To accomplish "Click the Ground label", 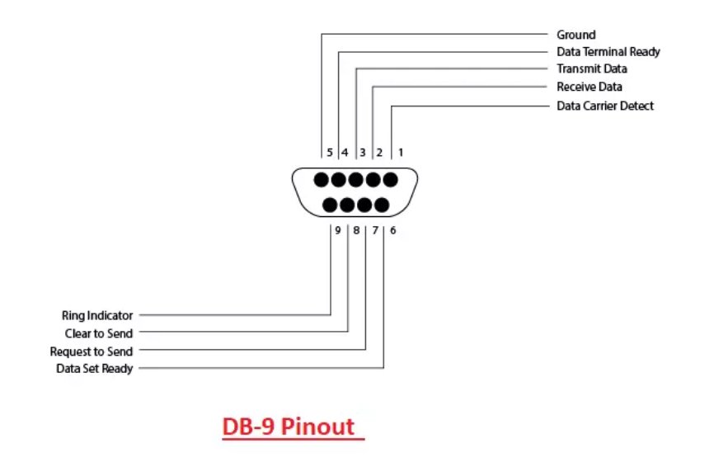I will (x=575, y=35).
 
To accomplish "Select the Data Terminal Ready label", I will (x=608, y=52).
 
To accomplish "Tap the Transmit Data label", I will (x=591, y=69).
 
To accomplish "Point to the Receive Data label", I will (x=589, y=87).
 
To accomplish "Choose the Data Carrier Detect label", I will (x=605, y=106).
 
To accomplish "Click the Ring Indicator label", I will (x=97, y=315).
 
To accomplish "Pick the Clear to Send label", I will (x=99, y=333).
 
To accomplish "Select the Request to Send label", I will (x=92, y=351).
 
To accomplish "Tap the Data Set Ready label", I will (x=94, y=369).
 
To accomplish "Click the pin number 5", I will (x=330, y=153).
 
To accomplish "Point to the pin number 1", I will (x=401, y=153).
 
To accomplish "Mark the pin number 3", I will (x=363, y=153).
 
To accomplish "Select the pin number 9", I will (x=338, y=230).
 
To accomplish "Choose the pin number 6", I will (x=392, y=230).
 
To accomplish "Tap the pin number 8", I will (x=356, y=230).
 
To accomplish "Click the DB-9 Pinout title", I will (x=293, y=427).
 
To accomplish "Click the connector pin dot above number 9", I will (x=330, y=204).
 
